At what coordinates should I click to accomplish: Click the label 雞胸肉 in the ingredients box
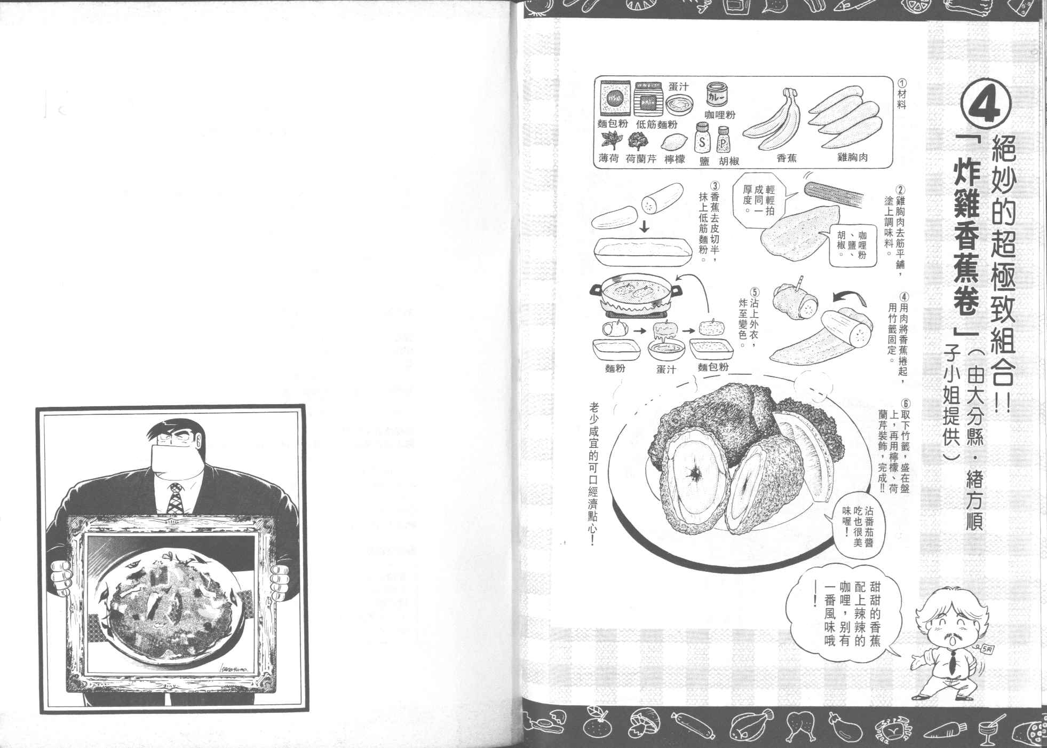853,159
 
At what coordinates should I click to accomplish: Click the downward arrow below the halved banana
644,226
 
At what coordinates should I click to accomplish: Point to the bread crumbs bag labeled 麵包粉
615,99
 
